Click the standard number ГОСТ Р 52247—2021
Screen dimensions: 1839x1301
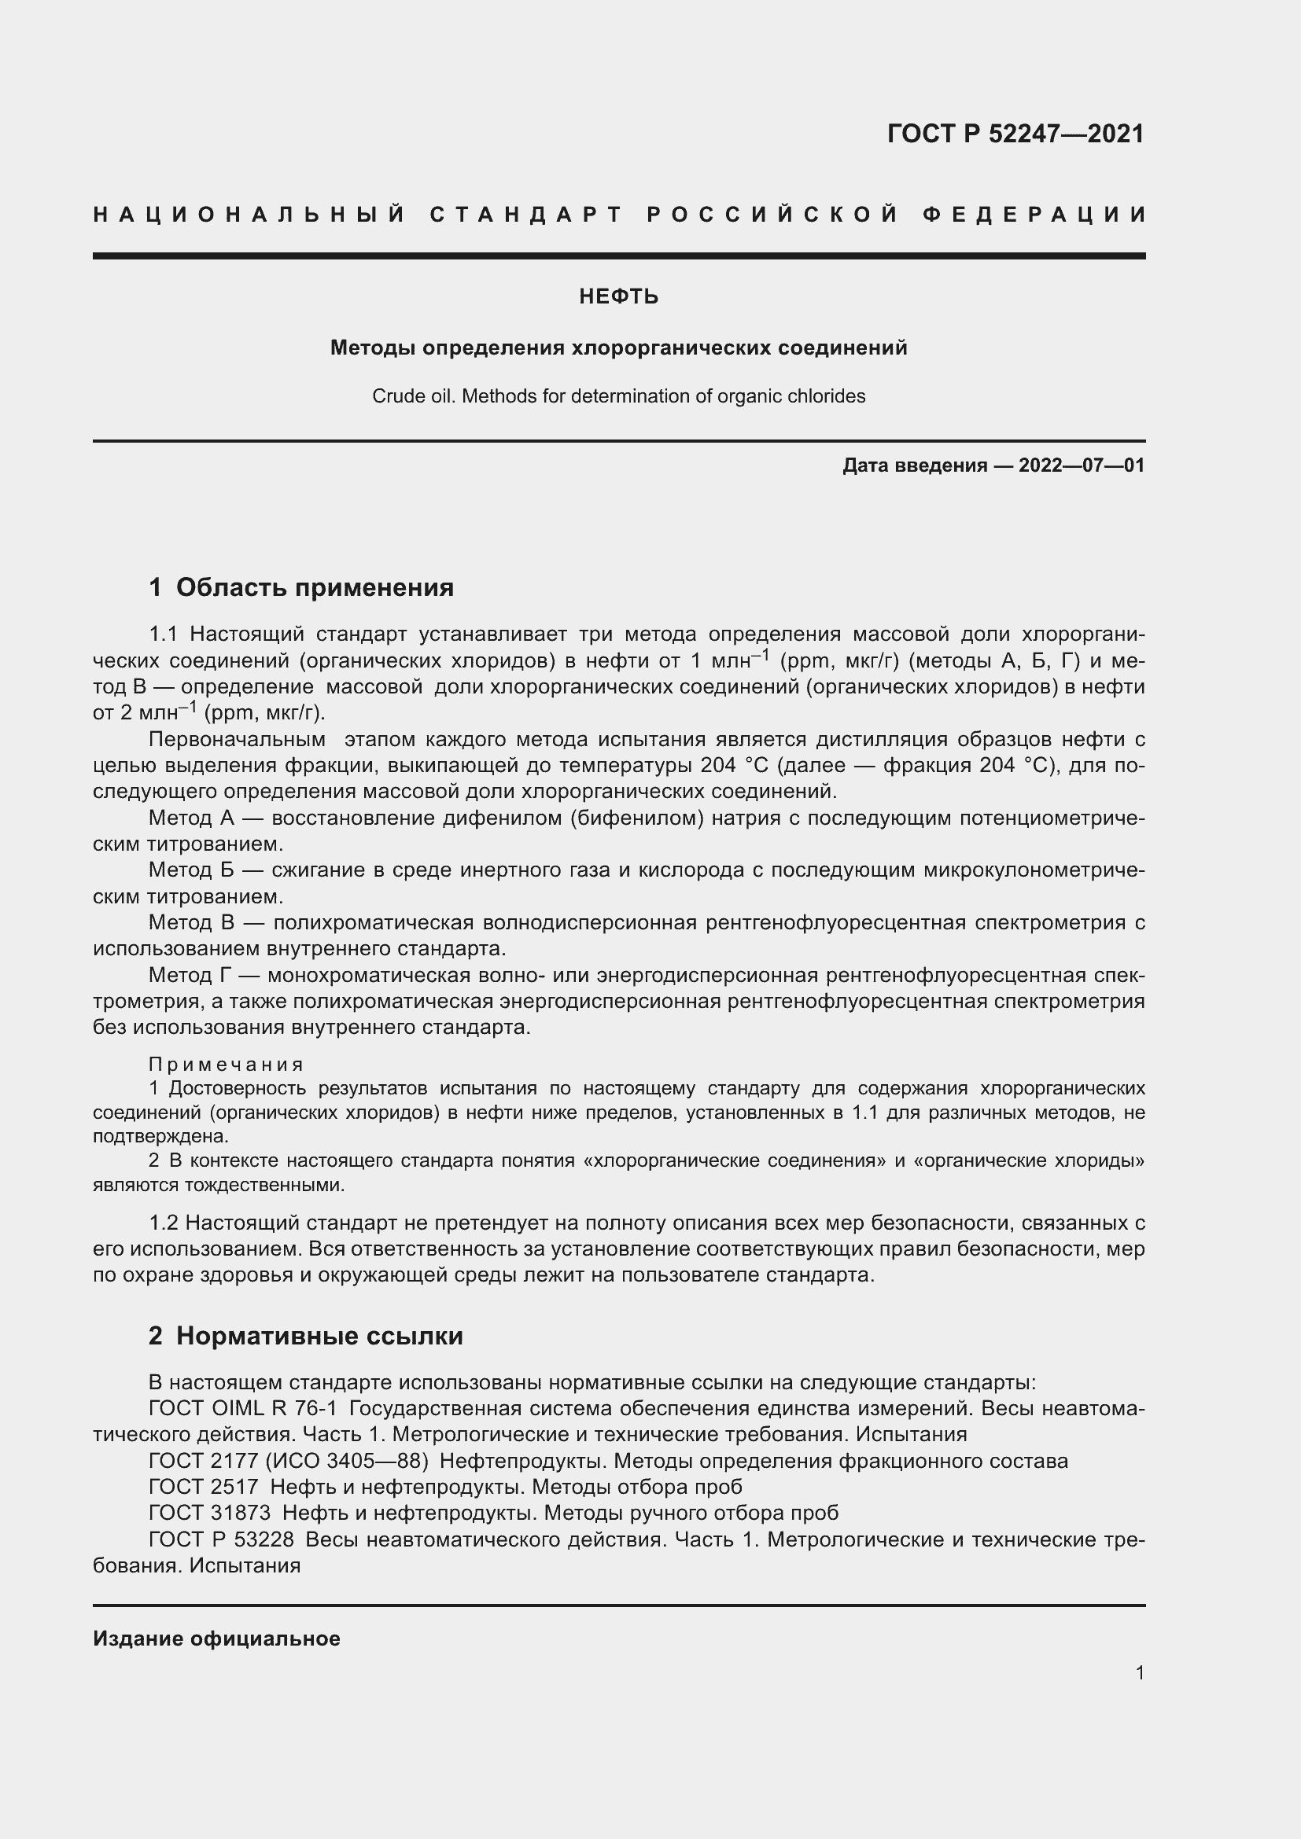(x=1015, y=134)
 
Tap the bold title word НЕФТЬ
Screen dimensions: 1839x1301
(x=618, y=297)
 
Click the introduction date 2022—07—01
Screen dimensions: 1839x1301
(x=1082, y=465)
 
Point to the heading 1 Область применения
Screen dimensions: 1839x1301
(x=301, y=587)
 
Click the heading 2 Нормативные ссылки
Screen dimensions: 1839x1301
(x=306, y=1336)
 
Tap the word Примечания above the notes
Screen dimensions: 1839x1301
(x=227, y=1065)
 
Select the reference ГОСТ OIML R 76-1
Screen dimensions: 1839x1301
(x=243, y=1409)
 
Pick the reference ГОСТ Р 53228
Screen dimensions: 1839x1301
(x=221, y=1539)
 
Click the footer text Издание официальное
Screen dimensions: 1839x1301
(x=216, y=1639)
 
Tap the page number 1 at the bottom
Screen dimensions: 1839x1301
(x=1140, y=1672)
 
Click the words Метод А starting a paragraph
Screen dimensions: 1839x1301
(x=191, y=818)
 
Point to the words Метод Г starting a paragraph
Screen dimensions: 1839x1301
(x=191, y=976)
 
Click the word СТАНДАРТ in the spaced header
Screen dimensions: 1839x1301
(x=525, y=215)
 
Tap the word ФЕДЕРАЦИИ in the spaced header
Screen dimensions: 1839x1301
(x=1034, y=215)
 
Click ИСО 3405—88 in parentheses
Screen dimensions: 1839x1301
(x=347, y=1461)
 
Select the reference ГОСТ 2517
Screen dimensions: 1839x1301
(x=204, y=1487)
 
